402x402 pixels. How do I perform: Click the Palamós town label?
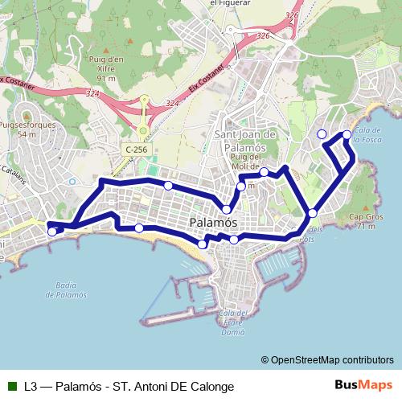[x=213, y=222]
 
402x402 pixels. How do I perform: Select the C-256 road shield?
[x=135, y=150]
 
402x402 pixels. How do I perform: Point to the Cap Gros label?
[x=364, y=221]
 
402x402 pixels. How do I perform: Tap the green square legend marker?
[x=10, y=386]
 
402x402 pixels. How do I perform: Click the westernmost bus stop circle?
[x=52, y=232]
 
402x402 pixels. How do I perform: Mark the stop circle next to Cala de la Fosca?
[x=347, y=135]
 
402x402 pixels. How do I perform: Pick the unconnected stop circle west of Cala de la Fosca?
[x=322, y=133]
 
